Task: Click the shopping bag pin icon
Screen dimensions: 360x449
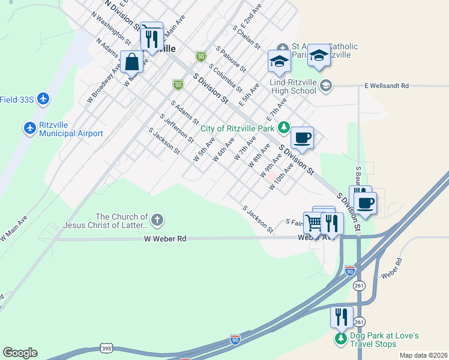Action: (131, 61)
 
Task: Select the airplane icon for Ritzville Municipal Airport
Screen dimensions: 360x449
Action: (30, 128)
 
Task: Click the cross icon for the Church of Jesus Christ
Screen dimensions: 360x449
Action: (157, 220)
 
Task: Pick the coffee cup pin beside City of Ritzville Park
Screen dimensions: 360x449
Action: (303, 137)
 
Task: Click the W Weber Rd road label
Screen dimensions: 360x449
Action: (165, 239)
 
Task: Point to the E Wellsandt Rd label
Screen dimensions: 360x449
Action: (387, 86)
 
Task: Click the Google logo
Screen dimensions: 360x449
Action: (20, 353)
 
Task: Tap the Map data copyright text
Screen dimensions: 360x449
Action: (423, 355)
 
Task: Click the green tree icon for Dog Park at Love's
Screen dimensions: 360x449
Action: (341, 338)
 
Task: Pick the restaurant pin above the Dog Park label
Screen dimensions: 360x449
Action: (341, 316)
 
